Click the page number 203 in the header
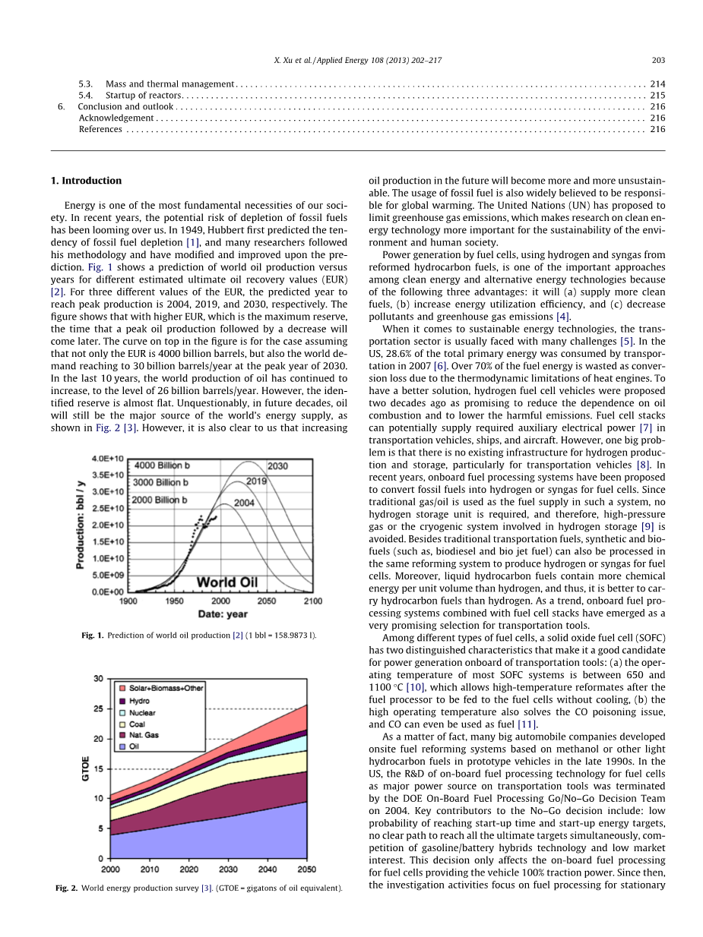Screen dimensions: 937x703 click(659, 60)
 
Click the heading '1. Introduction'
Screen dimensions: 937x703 click(86, 181)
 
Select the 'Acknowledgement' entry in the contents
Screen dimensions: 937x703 click(116, 118)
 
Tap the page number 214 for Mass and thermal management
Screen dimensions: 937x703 click(657, 84)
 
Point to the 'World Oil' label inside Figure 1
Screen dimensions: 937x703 click(227, 582)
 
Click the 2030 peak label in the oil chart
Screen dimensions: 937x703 click(277, 465)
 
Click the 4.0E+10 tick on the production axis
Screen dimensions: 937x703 click(108, 459)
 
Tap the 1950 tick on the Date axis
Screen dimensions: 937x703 click(174, 601)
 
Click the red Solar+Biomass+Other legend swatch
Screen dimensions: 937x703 click(121, 688)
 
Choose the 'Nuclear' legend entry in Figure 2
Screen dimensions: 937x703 click(142, 713)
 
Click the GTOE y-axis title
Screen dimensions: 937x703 click(86, 768)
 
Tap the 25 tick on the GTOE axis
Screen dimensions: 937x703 click(98, 709)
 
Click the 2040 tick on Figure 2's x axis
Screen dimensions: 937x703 click(268, 869)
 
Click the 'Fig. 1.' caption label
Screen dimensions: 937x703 click(93, 635)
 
